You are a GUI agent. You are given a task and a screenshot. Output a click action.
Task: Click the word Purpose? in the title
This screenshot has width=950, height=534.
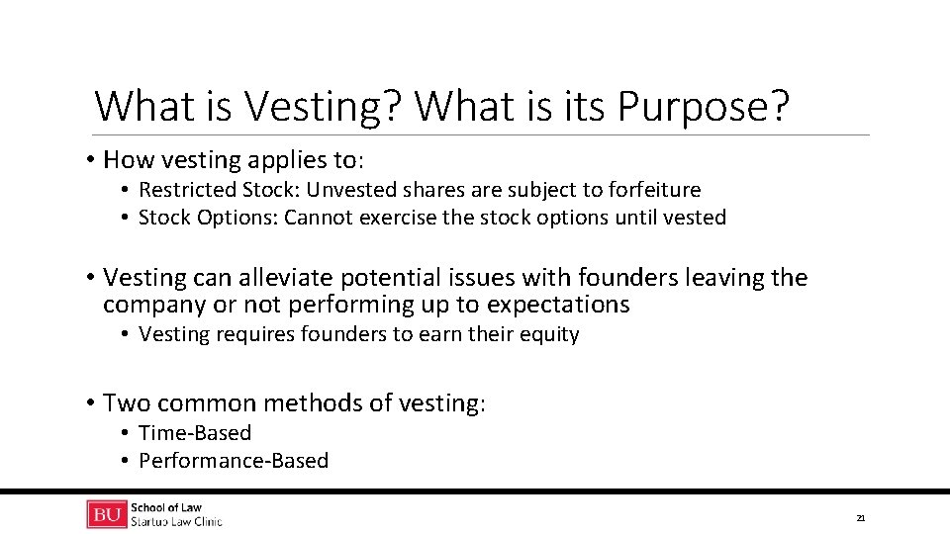[x=704, y=107]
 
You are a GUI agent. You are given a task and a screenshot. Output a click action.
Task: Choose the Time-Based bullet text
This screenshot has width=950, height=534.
[x=195, y=433]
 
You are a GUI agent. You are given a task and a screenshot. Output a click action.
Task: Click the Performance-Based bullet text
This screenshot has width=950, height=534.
[x=234, y=461]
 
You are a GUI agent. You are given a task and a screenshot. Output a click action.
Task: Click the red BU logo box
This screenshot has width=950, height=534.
[x=106, y=514]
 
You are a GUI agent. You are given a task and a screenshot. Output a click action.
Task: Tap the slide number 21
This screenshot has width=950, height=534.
[x=860, y=518]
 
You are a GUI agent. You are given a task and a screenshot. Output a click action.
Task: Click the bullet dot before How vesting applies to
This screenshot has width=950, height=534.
[x=89, y=160]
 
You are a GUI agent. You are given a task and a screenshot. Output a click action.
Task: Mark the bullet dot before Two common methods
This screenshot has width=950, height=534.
[x=89, y=403]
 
